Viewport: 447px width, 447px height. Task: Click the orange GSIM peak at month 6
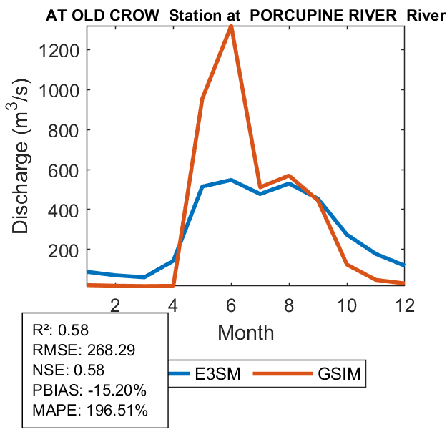231,26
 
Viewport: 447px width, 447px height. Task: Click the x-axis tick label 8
289,304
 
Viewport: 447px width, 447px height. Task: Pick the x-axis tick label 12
405,304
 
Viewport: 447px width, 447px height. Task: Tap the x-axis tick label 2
115,304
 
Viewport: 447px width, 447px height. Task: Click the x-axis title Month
245,332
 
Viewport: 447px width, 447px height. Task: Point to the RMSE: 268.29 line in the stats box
84,350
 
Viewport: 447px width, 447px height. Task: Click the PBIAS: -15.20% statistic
89,390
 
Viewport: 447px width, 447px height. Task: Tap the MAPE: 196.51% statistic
89,411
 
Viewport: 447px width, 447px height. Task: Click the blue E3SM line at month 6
231,180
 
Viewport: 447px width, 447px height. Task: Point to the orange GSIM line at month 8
289,175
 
